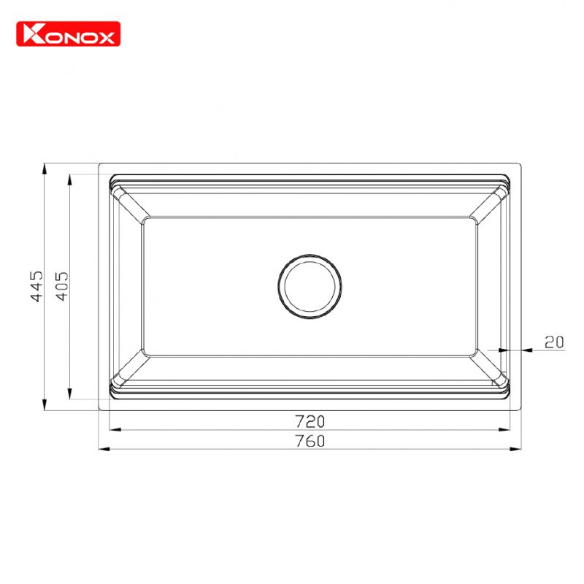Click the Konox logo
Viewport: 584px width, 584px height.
68,34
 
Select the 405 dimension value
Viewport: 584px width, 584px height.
61,287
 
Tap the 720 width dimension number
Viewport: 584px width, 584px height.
310,421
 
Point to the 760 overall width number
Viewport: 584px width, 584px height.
310,440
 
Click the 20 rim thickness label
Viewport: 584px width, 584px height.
555,341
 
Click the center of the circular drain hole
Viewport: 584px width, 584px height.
310,287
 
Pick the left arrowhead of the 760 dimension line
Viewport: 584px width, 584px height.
104,448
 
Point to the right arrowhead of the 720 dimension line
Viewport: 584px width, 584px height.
504,430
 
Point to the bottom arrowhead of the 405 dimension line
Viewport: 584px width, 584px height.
69,394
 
